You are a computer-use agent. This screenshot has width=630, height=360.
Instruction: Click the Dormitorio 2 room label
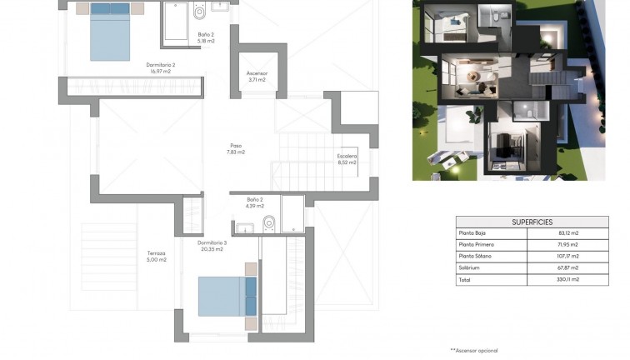160,67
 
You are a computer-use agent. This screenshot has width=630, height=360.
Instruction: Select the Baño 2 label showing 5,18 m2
206,37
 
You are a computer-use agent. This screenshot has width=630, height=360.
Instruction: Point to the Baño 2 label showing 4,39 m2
255,202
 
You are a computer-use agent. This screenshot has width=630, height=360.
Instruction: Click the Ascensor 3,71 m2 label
257,77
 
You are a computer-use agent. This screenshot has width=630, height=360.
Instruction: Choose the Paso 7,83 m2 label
236,148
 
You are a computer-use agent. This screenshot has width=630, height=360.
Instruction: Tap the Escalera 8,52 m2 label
347,159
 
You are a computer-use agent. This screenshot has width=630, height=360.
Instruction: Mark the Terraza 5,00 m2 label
157,257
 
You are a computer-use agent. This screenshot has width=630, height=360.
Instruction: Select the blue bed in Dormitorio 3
223,295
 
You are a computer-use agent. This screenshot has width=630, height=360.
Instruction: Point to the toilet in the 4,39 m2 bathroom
269,223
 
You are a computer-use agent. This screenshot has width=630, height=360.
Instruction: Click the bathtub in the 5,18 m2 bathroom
176,22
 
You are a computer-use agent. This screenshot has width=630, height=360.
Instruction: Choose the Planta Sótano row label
475,256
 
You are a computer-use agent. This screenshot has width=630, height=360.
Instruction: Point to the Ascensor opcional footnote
474,351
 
